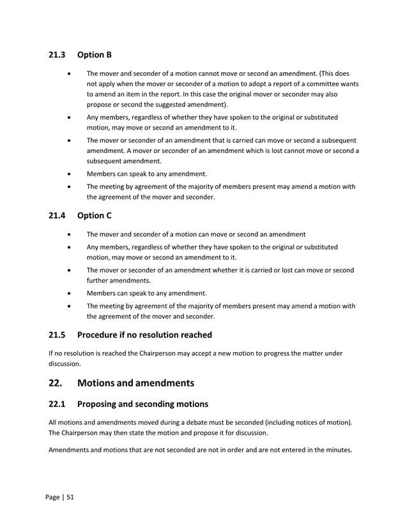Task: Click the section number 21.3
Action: pyautogui.click(x=57, y=55)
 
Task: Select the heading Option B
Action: pyautogui.click(x=95, y=55)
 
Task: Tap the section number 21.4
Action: pyautogui.click(x=57, y=216)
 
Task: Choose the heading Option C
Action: pyautogui.click(x=95, y=216)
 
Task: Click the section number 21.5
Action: pyautogui.click(x=57, y=335)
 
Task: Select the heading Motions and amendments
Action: pyautogui.click(x=135, y=383)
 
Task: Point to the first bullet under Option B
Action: pyautogui.click(x=69, y=74)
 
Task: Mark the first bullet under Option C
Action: pyautogui.click(x=69, y=234)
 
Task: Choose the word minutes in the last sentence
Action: pyautogui.click(x=336, y=450)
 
